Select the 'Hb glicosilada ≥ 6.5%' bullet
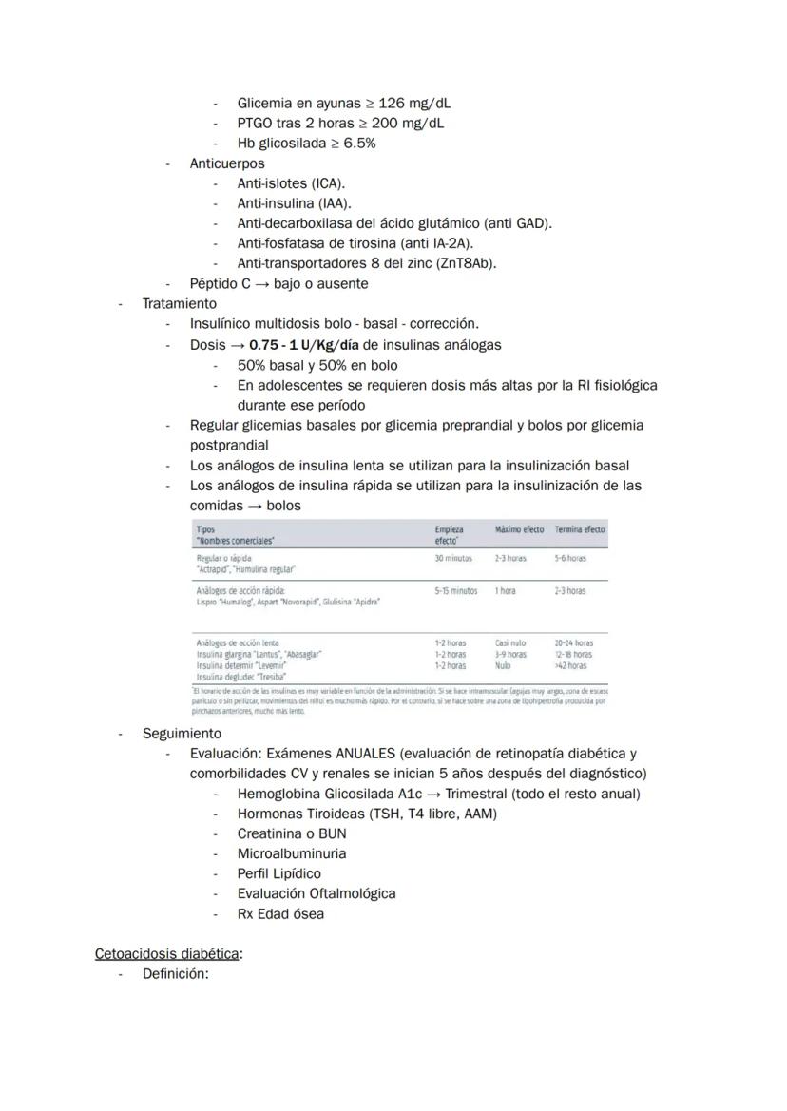click(306, 144)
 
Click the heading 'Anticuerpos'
click(227, 163)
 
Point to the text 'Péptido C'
click(221, 283)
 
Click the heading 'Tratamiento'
click(180, 304)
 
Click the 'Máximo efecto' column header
click(519, 529)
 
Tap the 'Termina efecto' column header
click(580, 529)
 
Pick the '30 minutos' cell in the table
click(453, 559)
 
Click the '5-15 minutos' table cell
click(456, 591)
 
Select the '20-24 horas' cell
click(574, 643)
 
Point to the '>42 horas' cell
click(570, 666)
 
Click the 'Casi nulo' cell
click(510, 643)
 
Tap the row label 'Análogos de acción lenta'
click(238, 643)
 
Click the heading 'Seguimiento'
click(182, 734)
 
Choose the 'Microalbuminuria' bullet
click(292, 853)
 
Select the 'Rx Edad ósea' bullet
click(280, 914)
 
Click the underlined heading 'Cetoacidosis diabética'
click(167, 953)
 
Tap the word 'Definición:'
click(175, 973)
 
